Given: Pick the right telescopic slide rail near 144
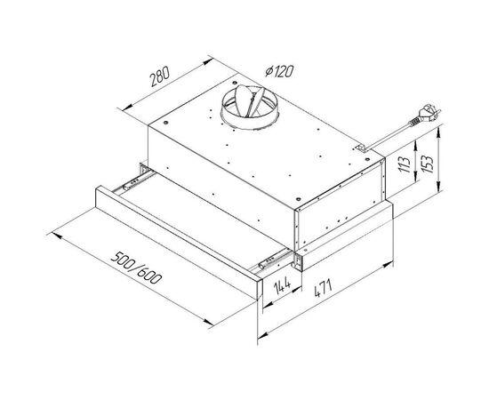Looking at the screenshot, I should tap(270, 259).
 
